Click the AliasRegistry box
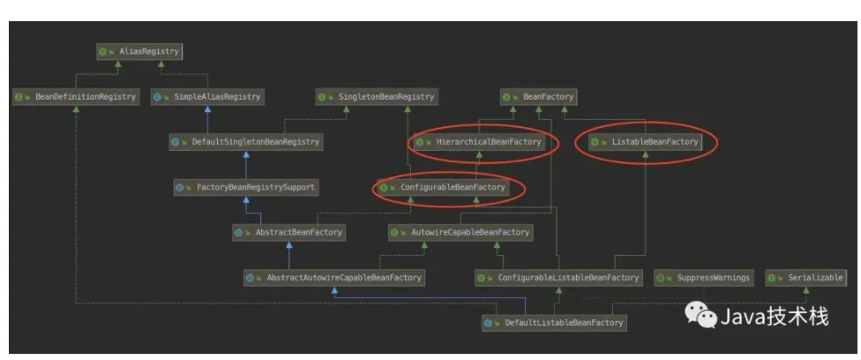click(x=139, y=51)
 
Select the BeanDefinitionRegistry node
click(x=76, y=97)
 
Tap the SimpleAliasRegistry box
click(x=207, y=97)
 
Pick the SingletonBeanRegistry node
click(x=377, y=97)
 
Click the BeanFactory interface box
click(x=539, y=97)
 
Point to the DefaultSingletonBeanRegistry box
click(x=246, y=141)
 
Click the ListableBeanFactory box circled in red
click(x=645, y=141)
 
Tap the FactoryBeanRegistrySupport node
click(x=246, y=187)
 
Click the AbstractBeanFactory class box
click(x=288, y=233)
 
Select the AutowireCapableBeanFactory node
click(x=460, y=233)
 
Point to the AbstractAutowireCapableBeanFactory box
click(x=333, y=278)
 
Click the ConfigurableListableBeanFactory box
click(x=558, y=278)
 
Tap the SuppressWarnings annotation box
click(x=703, y=278)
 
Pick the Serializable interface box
click(x=805, y=278)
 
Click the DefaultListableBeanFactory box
click(x=555, y=323)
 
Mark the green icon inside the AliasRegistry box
click(x=103, y=51)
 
